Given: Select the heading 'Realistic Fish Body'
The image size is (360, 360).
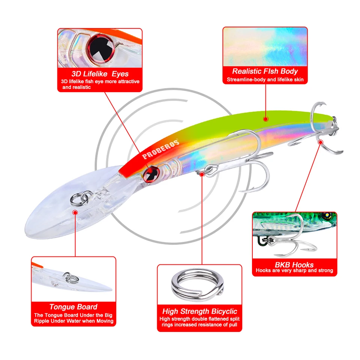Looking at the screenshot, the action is pos(265,71).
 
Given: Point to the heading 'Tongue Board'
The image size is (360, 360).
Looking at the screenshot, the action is pos(73,307).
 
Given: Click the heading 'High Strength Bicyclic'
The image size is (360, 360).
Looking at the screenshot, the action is pos(199,311).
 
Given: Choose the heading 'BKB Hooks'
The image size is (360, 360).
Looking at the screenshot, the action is pos(294,264).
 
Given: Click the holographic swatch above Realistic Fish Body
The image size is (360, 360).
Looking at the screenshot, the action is pos(265,46).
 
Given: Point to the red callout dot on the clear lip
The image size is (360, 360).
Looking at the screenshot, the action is pos(75,212).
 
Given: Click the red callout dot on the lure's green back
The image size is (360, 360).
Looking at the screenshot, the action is pos(265,119).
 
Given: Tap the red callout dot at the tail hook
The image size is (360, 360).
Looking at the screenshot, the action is pos(320,142).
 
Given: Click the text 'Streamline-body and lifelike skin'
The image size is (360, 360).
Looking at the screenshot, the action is pos(265,80).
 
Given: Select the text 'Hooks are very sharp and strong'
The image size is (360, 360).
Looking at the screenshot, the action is pos(294,271).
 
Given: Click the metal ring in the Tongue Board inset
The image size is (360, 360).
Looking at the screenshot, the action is pos(70,277).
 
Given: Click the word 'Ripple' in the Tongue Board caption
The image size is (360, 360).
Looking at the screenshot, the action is pos(44,321).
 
